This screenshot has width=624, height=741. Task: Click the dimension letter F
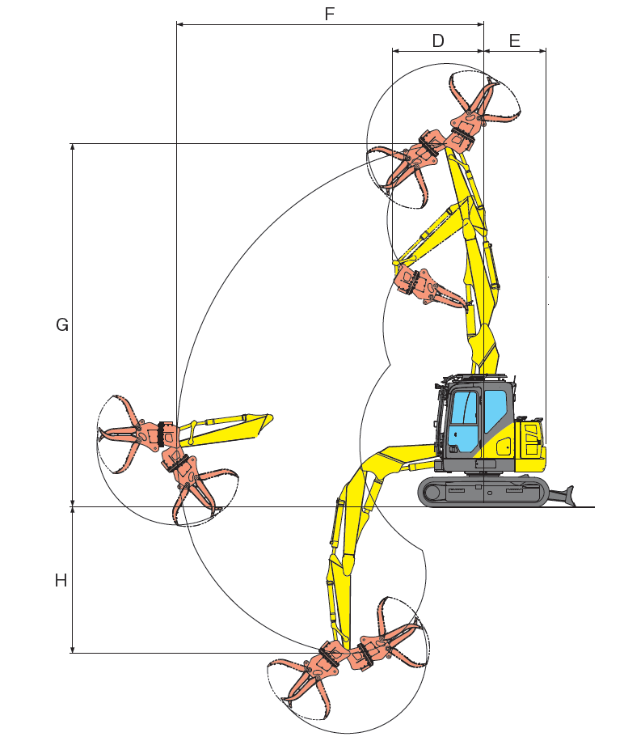pyautogui.click(x=330, y=14)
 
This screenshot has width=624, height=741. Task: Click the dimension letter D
pyautogui.click(x=438, y=40)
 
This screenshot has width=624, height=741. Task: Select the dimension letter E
pyautogui.click(x=515, y=40)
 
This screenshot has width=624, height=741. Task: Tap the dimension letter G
pyautogui.click(x=61, y=325)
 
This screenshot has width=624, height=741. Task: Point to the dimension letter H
pyautogui.click(x=61, y=580)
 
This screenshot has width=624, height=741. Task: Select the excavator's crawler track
pyautogui.click(x=483, y=492)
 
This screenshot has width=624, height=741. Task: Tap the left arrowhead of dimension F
pyautogui.click(x=179, y=23)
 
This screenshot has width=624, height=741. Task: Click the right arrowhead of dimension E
pyautogui.click(x=542, y=50)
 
